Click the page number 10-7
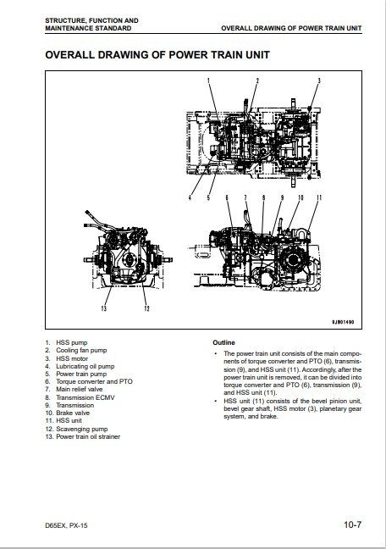tap(352, 524)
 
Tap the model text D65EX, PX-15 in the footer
tap(66, 525)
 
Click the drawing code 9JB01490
tap(343, 322)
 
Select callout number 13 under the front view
tap(103, 308)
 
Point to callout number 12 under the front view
tap(147, 308)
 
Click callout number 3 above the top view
tap(319, 80)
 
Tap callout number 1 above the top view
tap(208, 80)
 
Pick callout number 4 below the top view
tap(190, 197)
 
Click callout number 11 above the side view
tap(319, 197)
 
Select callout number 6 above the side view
tap(227, 197)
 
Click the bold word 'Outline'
tap(224, 342)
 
